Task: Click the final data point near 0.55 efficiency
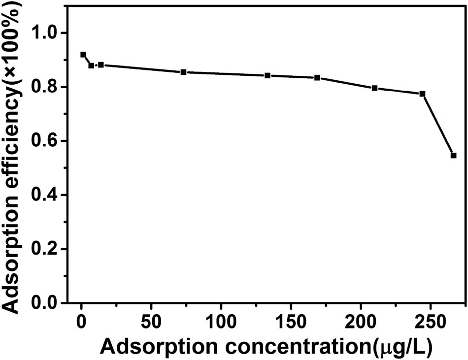(453, 155)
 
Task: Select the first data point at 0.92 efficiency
(83, 55)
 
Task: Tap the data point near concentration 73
(184, 72)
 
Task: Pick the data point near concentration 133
(267, 75)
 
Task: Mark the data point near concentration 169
(317, 78)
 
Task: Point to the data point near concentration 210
(375, 88)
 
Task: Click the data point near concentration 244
(422, 94)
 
